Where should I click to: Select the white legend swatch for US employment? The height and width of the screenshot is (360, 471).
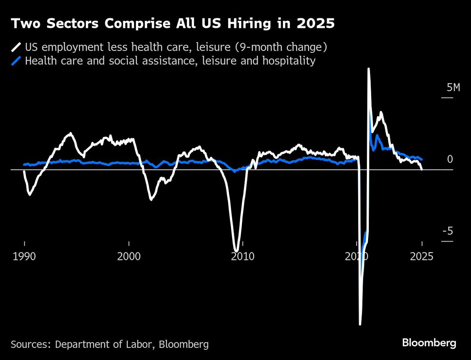pos(16,48)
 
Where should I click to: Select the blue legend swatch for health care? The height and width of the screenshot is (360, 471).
pos(16,61)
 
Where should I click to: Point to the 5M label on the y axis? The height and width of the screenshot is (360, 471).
pos(450,88)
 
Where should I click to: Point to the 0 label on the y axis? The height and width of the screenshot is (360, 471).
pos(450,159)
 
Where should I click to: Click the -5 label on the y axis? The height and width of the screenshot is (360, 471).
pos(448,231)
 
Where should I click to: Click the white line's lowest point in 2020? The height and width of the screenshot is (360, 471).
pos(360,324)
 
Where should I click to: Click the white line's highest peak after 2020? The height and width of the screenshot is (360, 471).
pos(368,69)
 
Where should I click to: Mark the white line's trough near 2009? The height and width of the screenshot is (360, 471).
pos(236,250)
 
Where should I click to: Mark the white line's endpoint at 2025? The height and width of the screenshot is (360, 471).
pos(422,169)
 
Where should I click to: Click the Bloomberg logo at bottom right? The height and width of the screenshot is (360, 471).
pos(429,343)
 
